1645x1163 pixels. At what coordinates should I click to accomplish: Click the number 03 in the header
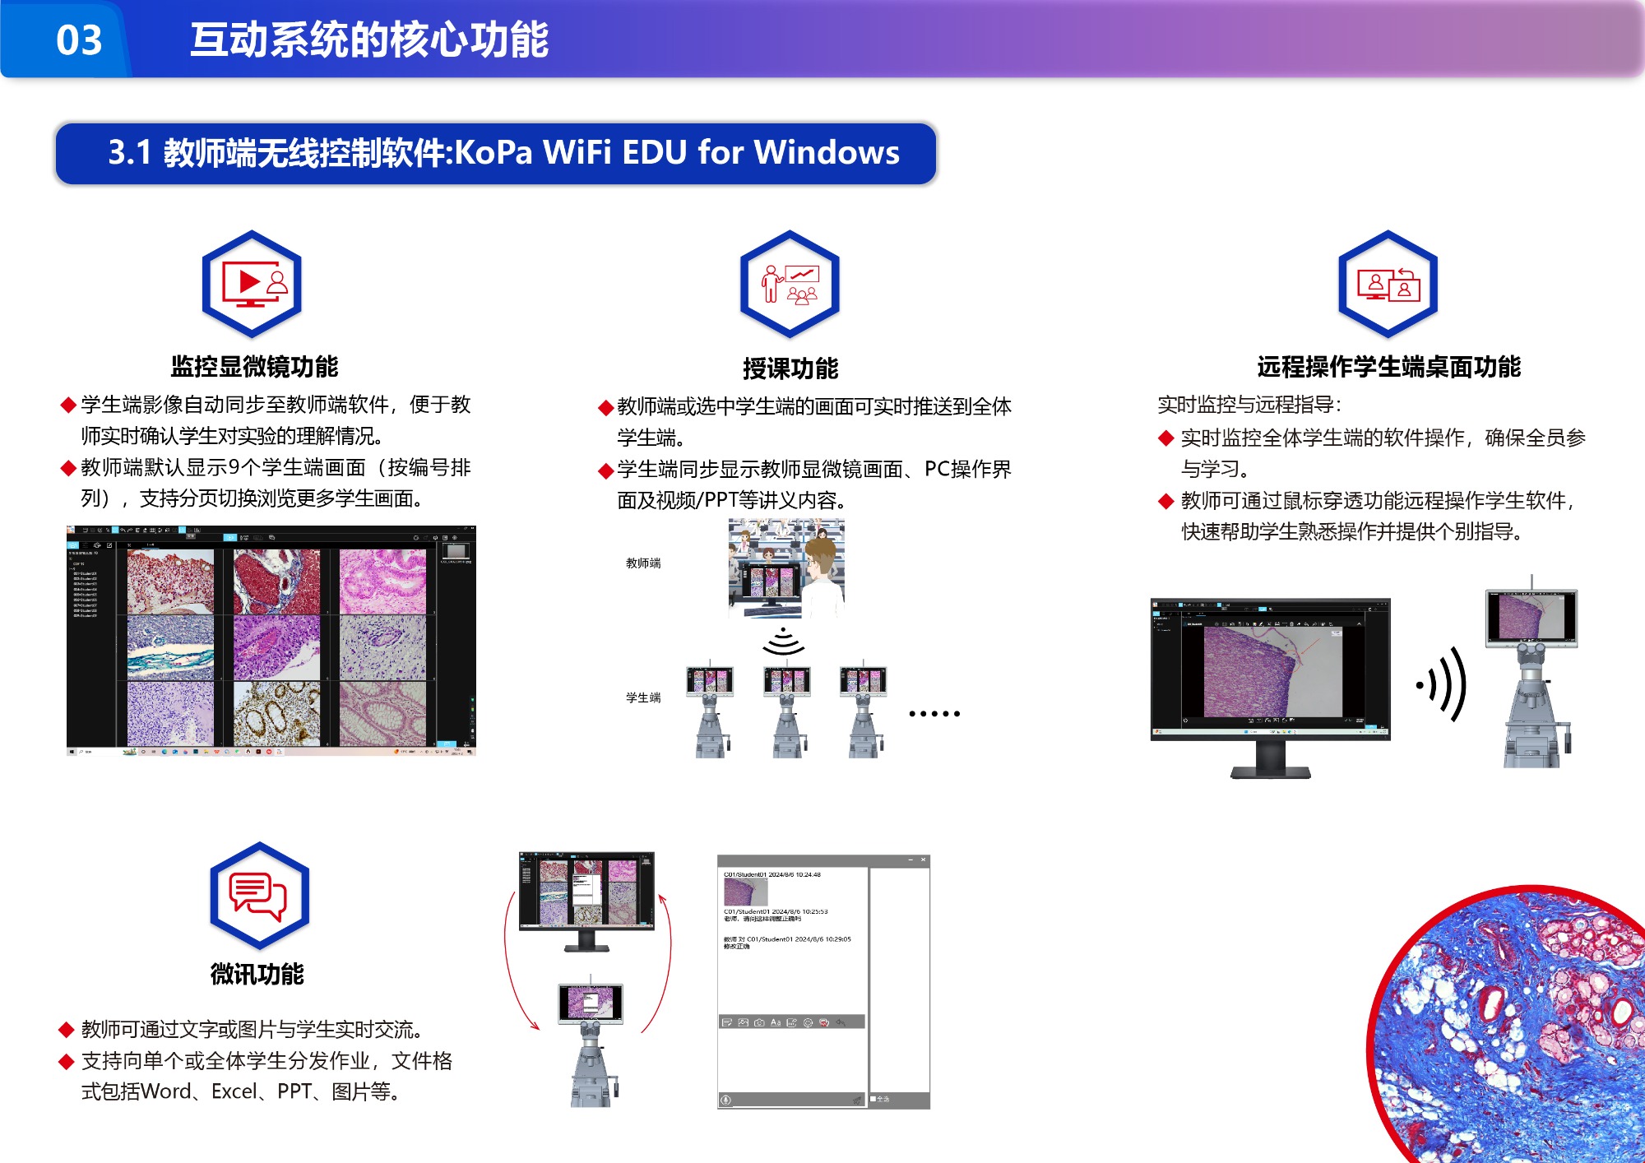(x=79, y=39)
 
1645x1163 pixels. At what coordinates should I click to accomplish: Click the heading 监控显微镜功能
(x=254, y=367)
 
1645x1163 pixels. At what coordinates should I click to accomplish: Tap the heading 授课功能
(x=790, y=368)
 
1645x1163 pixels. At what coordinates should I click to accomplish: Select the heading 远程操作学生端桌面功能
(x=1388, y=367)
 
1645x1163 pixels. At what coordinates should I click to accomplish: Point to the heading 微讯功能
(x=257, y=975)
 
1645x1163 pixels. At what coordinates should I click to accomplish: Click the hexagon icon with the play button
(x=252, y=284)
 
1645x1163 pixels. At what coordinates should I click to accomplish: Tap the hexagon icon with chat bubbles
(x=259, y=896)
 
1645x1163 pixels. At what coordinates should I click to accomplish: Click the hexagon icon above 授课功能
(x=790, y=284)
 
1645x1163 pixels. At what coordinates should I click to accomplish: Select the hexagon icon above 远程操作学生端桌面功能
(x=1388, y=284)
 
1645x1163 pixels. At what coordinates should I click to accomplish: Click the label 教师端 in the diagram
(x=643, y=563)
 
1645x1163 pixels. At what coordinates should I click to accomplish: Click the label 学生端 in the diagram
(x=643, y=697)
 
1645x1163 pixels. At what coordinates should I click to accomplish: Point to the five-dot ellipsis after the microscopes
(x=934, y=714)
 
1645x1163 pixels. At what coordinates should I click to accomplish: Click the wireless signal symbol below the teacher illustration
(x=783, y=642)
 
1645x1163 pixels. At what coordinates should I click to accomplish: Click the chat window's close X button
(x=923, y=860)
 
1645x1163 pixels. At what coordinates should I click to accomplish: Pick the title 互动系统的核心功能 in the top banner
(x=369, y=39)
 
